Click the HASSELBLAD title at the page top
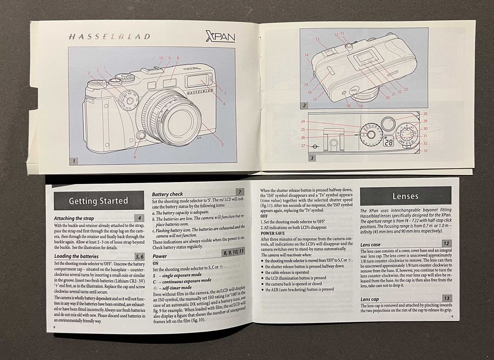click(x=108, y=37)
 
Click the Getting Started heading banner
click(x=99, y=201)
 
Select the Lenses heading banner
click(x=406, y=196)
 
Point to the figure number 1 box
click(x=74, y=160)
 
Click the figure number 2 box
click(x=305, y=105)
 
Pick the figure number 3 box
click(x=312, y=158)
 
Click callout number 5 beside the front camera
click(x=222, y=145)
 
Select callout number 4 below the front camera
click(x=135, y=156)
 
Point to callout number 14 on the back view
click(x=306, y=55)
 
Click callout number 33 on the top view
click(x=425, y=150)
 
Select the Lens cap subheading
click(x=370, y=299)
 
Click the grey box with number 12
click(x=447, y=244)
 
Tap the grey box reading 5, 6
click(x=139, y=256)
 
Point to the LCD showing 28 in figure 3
click(x=389, y=142)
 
